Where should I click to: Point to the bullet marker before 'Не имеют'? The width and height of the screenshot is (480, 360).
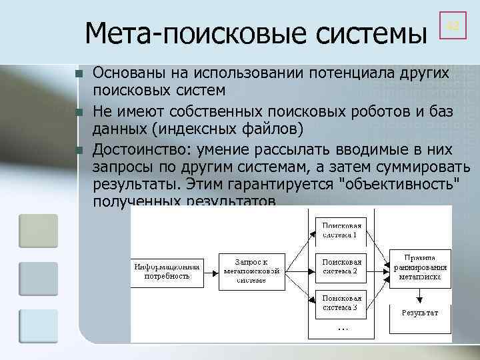pyautogui.click(x=79, y=111)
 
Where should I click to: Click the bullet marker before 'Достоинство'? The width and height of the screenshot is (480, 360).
pyautogui.click(x=79, y=150)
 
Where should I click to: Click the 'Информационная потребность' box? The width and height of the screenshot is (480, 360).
pyautogui.click(x=167, y=270)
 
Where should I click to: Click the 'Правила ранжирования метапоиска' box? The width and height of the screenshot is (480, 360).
pyautogui.click(x=419, y=267)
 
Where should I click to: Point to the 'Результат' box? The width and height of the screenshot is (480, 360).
pyautogui.click(x=419, y=312)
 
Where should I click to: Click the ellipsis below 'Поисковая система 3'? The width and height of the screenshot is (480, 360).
pyautogui.click(x=342, y=329)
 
